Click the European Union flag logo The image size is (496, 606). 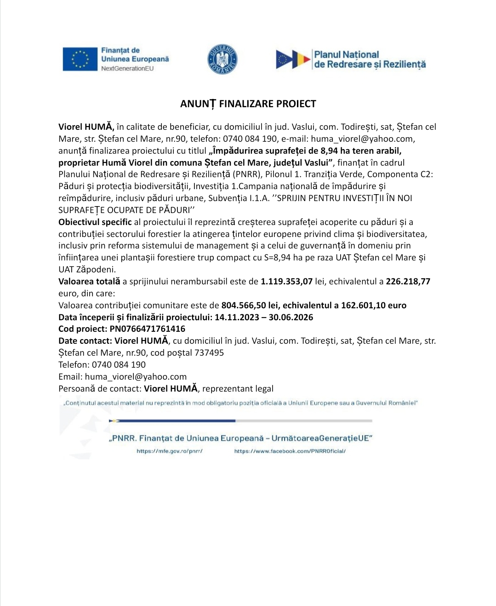pos(81,59)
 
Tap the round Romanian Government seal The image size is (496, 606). pos(222,59)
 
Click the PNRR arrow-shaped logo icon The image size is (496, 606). pos(293,60)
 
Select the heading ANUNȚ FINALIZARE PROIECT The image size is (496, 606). pos(248,104)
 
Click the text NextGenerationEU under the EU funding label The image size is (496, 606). pos(127,69)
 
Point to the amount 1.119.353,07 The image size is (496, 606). pos(286,282)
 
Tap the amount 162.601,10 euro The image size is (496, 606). pos(373,306)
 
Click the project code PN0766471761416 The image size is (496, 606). pos(147,329)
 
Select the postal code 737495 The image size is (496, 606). pos(209,353)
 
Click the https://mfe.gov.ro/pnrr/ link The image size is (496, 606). pos(169,451)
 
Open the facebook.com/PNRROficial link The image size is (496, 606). pos(290,451)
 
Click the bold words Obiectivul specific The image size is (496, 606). pos(95,222)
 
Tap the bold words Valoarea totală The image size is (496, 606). pos(89,282)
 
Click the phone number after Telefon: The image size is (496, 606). pos(119,365)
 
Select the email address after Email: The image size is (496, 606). pos(136,377)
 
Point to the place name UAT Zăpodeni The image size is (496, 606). pos(87,270)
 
